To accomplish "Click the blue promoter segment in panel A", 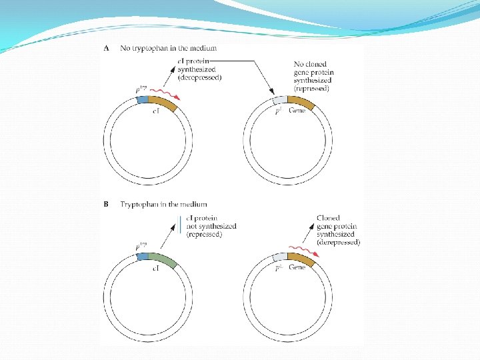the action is pyautogui.click(x=141, y=100).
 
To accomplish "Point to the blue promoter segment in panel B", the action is pyautogui.click(x=141, y=256).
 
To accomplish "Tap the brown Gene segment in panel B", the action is pyautogui.click(x=301, y=259).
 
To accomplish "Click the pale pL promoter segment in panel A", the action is pyautogui.click(x=279, y=101).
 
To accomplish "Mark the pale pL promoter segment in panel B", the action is pyautogui.click(x=279, y=257).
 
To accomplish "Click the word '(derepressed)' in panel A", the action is pyautogui.click(x=199, y=78).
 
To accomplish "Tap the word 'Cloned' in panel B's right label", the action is pyautogui.click(x=328, y=218).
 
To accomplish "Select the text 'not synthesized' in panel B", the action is pyautogui.click(x=211, y=227).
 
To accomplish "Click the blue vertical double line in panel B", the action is pyautogui.click(x=180, y=225).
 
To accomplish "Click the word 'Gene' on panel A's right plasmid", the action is pyautogui.click(x=298, y=111).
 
